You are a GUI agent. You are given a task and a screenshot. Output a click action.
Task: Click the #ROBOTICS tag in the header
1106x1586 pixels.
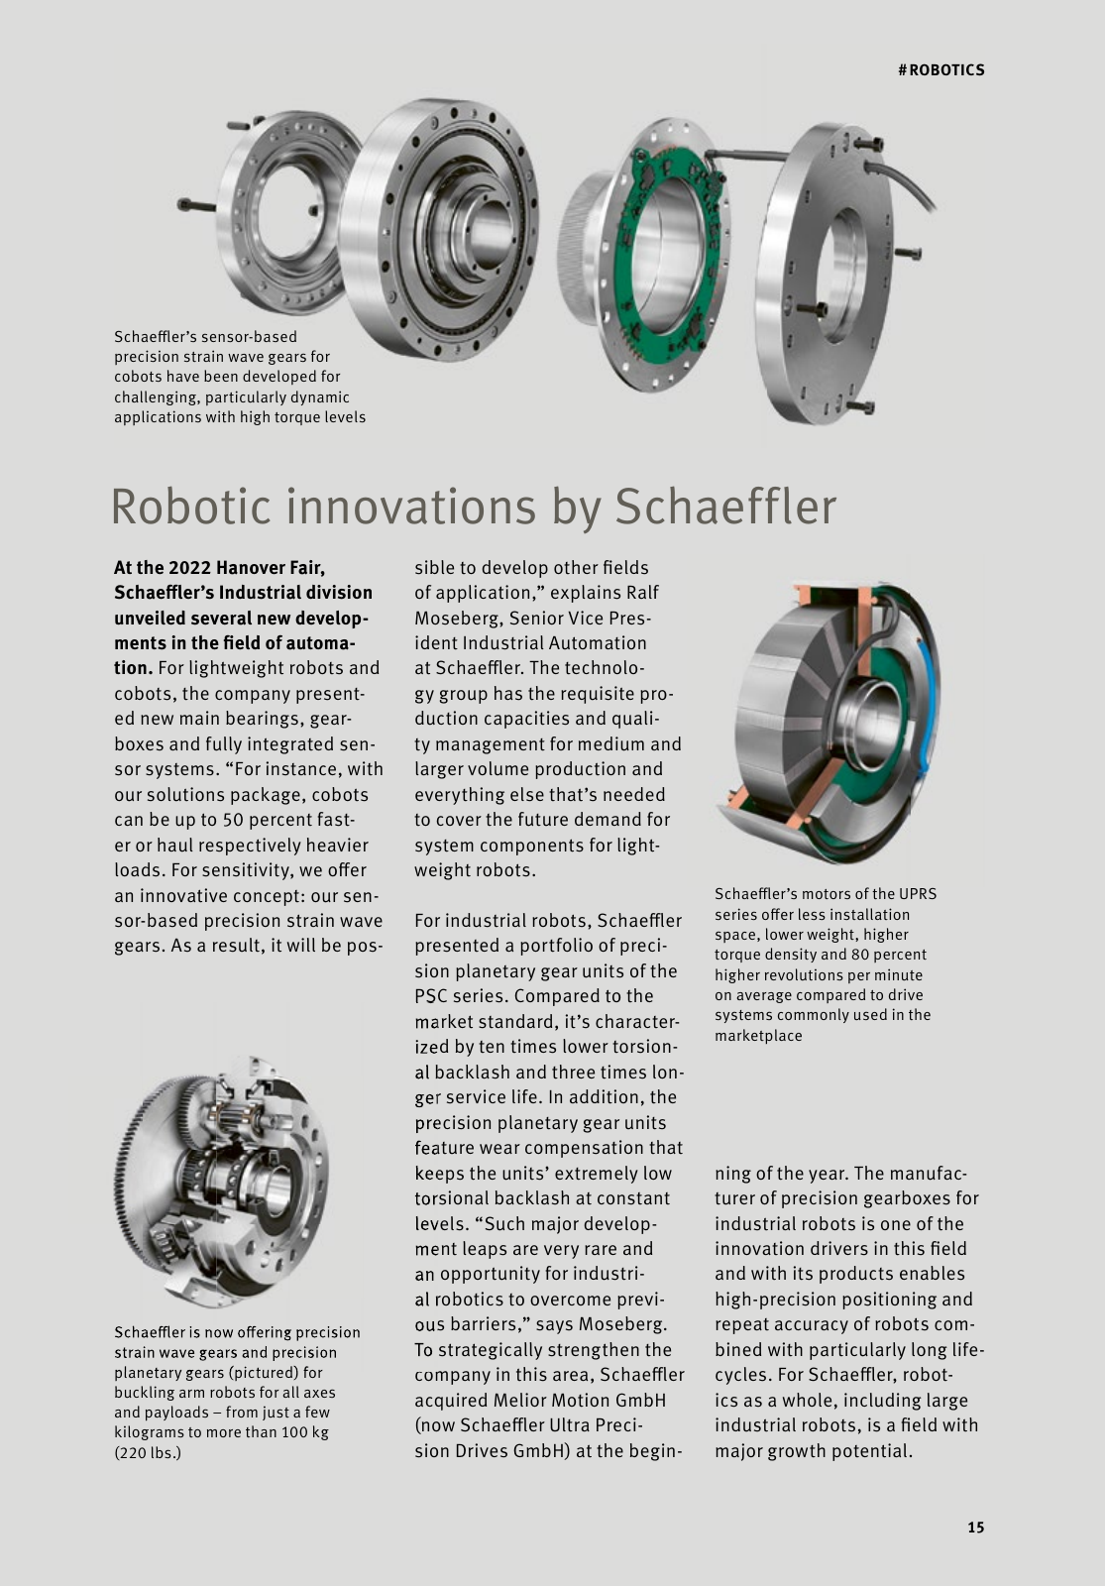(940, 70)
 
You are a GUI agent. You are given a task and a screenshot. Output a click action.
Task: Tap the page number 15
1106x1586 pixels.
(976, 1528)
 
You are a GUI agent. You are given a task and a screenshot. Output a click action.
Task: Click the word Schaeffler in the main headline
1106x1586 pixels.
(725, 507)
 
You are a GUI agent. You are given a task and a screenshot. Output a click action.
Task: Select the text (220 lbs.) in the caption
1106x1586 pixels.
(148, 1453)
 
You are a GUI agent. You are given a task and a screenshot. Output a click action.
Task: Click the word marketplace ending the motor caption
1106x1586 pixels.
(758, 1036)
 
